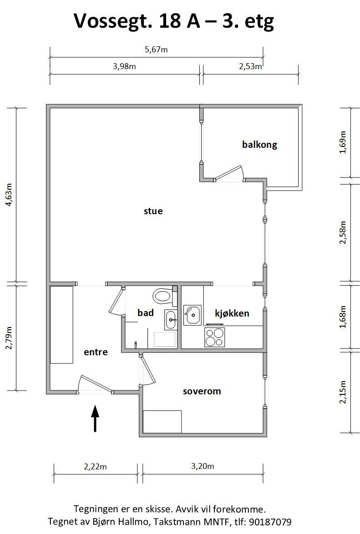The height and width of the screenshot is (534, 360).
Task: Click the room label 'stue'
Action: click(x=153, y=211)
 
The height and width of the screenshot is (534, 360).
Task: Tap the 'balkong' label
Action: click(x=259, y=145)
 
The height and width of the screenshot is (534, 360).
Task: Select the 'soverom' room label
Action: click(x=202, y=391)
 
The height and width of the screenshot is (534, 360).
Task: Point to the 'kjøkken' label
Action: click(x=232, y=313)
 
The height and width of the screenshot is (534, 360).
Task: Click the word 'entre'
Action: click(x=96, y=352)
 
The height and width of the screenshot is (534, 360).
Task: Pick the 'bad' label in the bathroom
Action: click(x=146, y=312)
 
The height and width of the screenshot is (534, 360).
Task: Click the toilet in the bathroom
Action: click(x=165, y=296)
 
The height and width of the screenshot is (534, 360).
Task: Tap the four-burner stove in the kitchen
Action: click(x=215, y=337)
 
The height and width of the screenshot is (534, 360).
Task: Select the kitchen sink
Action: click(x=192, y=315)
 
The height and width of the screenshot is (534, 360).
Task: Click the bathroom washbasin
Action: click(x=171, y=320)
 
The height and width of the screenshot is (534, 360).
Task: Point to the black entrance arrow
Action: click(x=95, y=418)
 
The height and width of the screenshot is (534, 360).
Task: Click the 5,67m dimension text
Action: click(x=156, y=50)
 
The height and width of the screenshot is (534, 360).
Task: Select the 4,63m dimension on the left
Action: click(x=9, y=195)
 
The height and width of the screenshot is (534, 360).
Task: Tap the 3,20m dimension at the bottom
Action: click(x=203, y=466)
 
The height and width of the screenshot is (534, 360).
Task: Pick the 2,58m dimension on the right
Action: click(x=343, y=232)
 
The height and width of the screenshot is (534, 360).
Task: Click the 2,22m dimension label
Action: click(x=96, y=467)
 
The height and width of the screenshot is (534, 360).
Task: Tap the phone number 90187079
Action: click(x=270, y=522)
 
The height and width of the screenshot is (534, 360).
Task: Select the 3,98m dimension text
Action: click(x=124, y=66)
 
